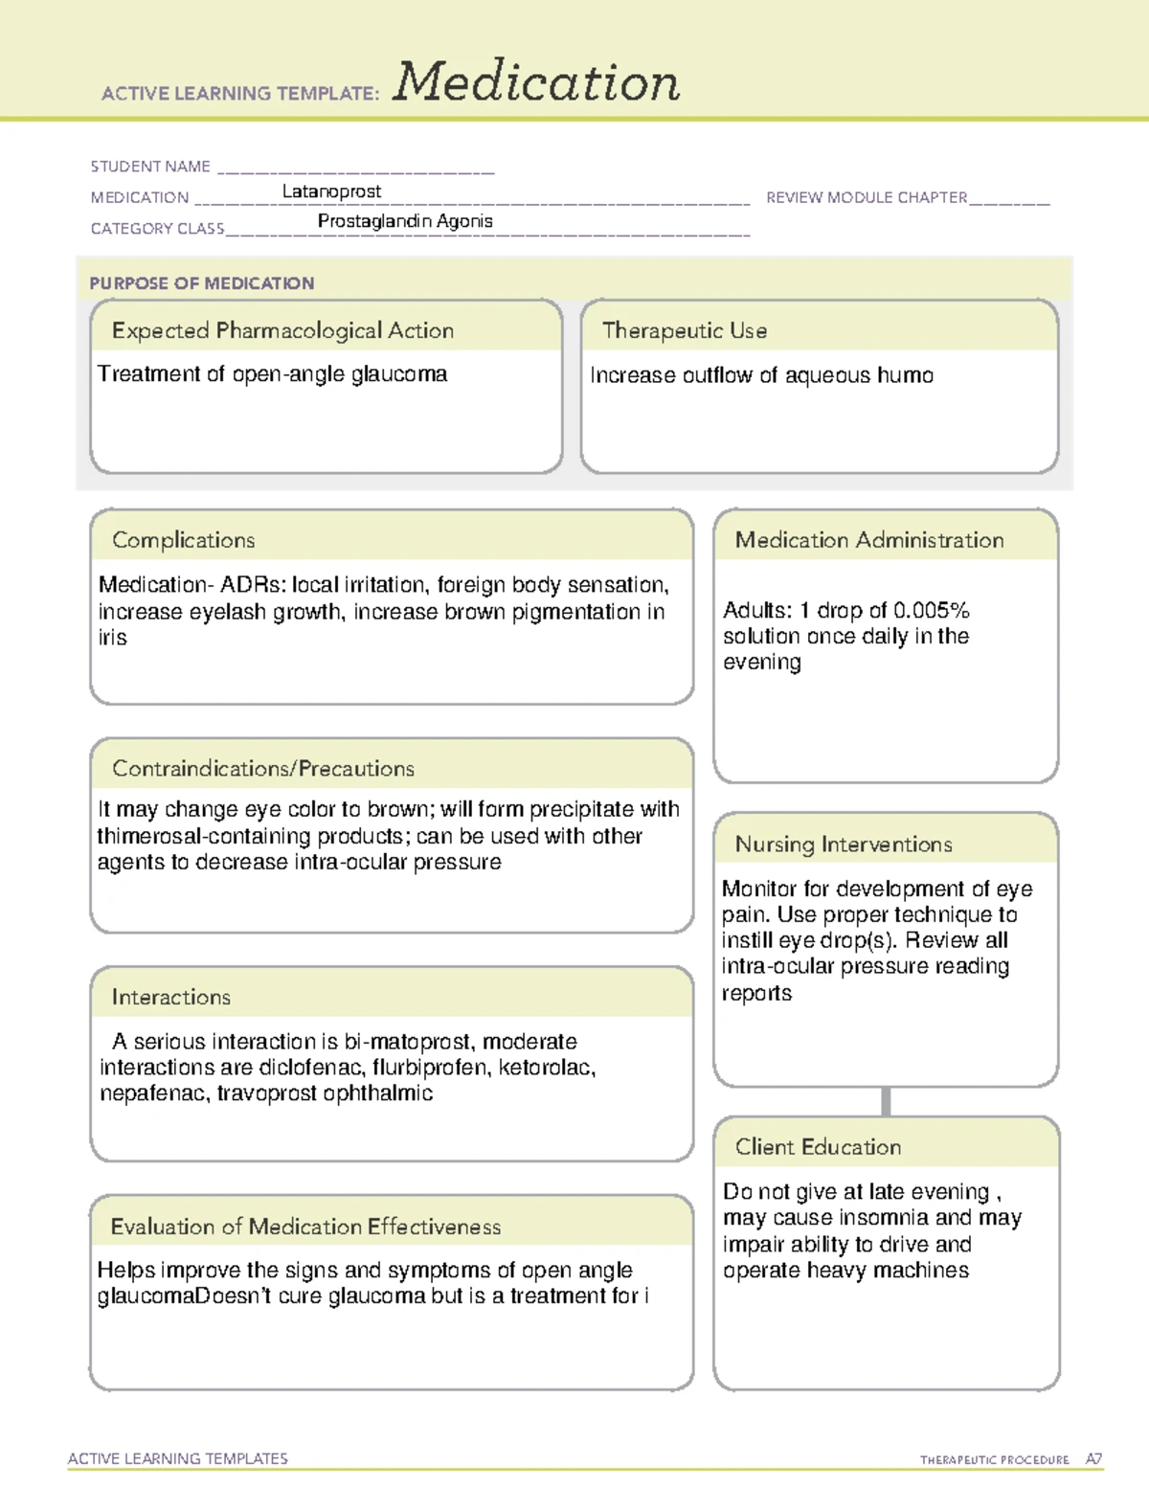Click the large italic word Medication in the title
coord(536,82)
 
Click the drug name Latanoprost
coord(331,192)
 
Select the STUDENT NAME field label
coord(150,167)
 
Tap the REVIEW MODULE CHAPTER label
coord(867,197)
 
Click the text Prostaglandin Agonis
coord(405,221)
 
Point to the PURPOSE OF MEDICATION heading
coord(202,283)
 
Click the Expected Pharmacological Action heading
coord(282,330)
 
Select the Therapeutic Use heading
coord(685,330)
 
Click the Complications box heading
coord(184,540)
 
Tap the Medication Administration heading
coord(869,540)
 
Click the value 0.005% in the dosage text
coord(931,610)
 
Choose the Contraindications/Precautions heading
coord(263,768)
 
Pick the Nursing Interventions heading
coord(844,844)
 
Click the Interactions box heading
coord(171,997)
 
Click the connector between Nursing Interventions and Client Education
coord(886,1101)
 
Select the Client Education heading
coord(818,1147)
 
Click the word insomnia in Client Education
coord(883,1218)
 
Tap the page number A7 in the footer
coord(1093,1459)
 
